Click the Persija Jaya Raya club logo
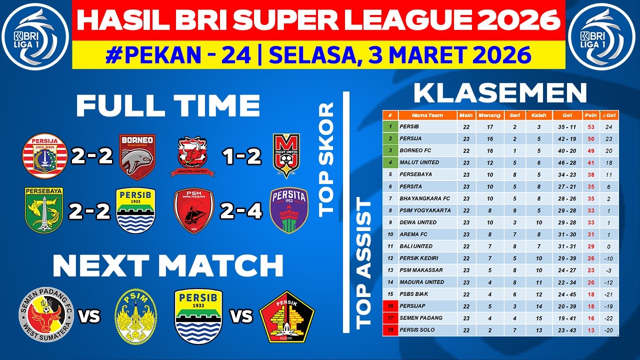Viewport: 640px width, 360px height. [x=45, y=156]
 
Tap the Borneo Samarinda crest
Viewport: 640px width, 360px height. [x=136, y=156]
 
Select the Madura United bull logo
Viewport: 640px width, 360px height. [x=192, y=156]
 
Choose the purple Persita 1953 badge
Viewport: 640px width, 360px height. [x=288, y=210]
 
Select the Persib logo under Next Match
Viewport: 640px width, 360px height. [x=198, y=316]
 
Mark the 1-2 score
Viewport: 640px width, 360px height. [x=242, y=157]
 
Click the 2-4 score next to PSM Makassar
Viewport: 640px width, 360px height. [x=242, y=211]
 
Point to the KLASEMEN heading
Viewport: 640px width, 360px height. [x=500, y=93]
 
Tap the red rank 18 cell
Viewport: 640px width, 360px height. [x=390, y=330]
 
